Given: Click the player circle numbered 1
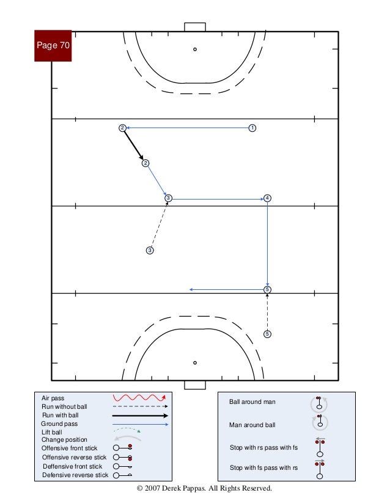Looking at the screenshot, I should pyautogui.click(x=252, y=128).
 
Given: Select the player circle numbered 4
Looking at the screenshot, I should pyautogui.click(x=267, y=198).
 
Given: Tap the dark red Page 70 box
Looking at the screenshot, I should pyautogui.click(x=53, y=45).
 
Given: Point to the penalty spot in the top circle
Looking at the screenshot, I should pyautogui.click(x=195, y=49).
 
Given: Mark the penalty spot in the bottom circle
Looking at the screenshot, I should pyautogui.click(x=195, y=362).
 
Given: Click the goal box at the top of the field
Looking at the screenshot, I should pyautogui.click(x=195, y=27).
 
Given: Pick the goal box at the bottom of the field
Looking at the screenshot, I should pyautogui.click(x=195, y=385).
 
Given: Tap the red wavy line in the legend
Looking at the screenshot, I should pyautogui.click(x=139, y=398).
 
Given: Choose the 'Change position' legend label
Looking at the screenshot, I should pyautogui.click(x=64, y=439).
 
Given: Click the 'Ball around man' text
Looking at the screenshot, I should pyautogui.click(x=252, y=402).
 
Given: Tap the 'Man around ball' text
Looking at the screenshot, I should pyautogui.click(x=252, y=425).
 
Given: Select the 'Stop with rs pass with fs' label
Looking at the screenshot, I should pyautogui.click(x=263, y=448).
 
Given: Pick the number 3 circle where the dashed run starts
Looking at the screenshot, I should pyautogui.click(x=150, y=250).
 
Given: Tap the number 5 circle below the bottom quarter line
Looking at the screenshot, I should pyautogui.click(x=267, y=334).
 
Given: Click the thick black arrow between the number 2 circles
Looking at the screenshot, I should pyautogui.click(x=134, y=145).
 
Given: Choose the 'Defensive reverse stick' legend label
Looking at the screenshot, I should pyautogui.click(x=75, y=474).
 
